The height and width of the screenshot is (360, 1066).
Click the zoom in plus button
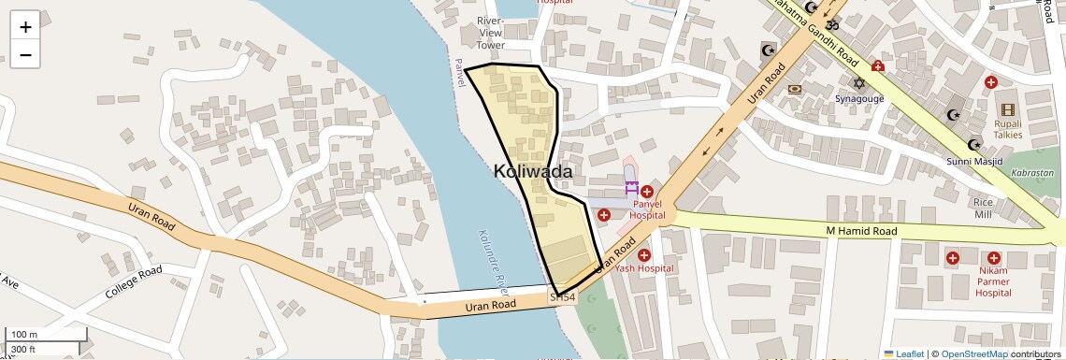[25, 27]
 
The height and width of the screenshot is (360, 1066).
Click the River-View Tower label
[490, 33]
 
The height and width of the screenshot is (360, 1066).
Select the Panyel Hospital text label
[647, 209]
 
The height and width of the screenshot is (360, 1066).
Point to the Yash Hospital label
[643, 268]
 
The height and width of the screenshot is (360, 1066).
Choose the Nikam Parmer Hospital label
[992, 281]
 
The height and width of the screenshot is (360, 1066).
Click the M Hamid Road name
[860, 231]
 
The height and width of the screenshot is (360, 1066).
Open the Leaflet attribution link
[903, 353]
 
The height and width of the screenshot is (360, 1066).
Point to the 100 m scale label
[24, 334]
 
